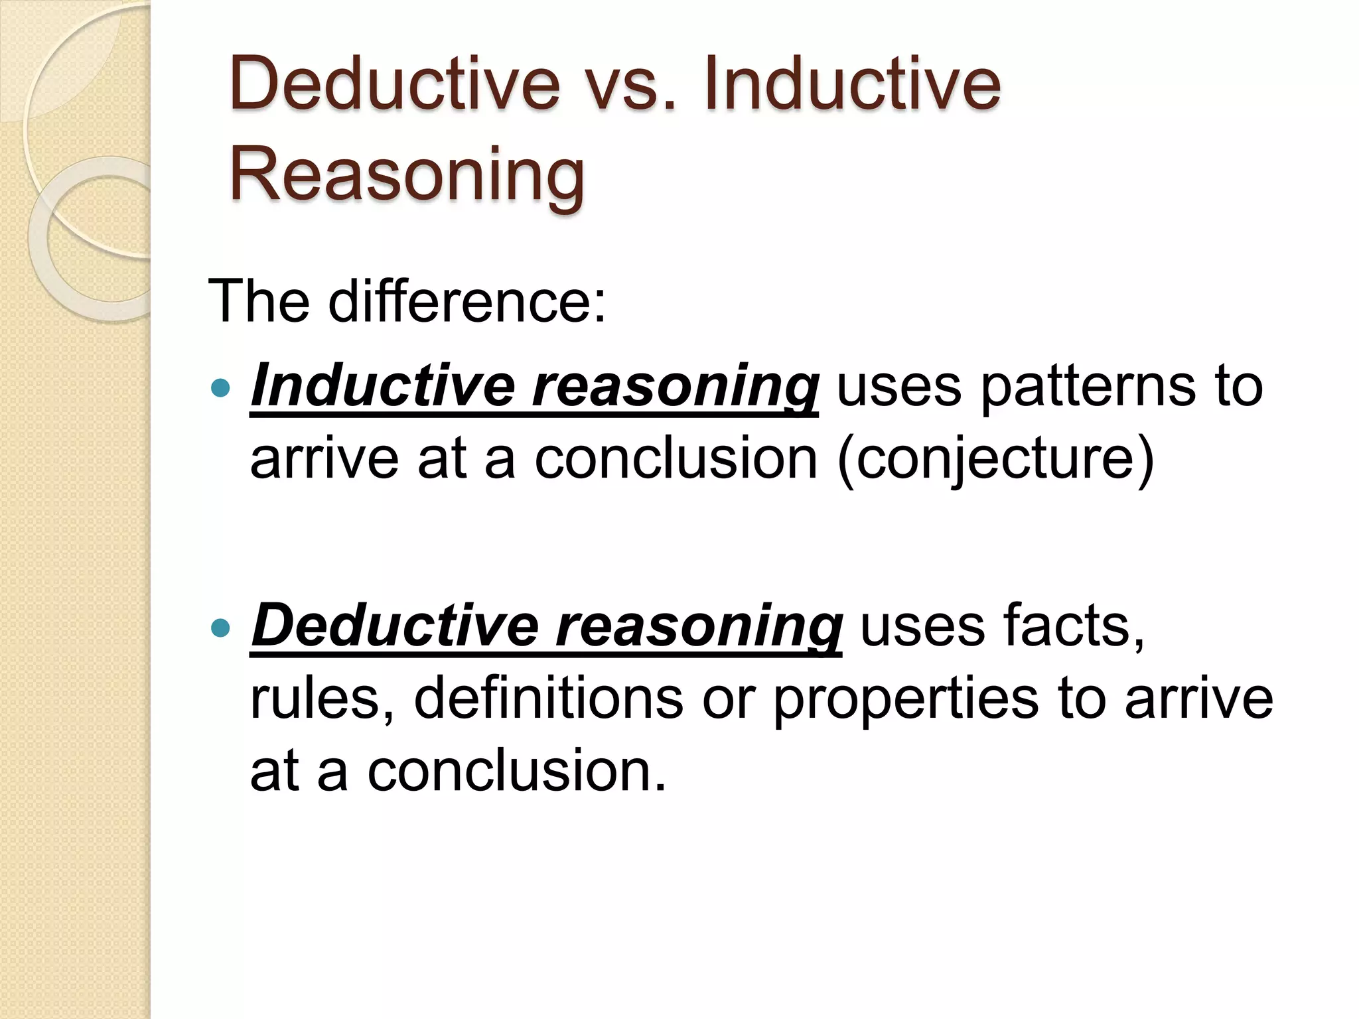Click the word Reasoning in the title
point(407,174)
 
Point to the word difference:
point(467,301)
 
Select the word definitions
point(548,698)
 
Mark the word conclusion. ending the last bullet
point(516,771)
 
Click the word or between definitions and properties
point(728,699)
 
